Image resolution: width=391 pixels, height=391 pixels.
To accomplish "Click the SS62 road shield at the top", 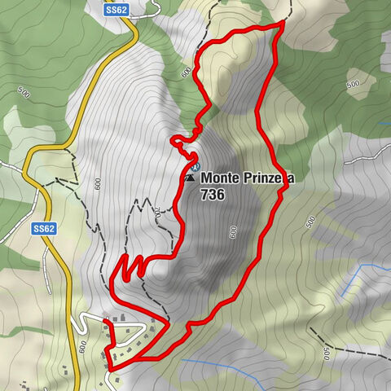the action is point(116,9).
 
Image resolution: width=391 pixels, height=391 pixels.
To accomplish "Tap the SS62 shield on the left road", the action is point(43,230).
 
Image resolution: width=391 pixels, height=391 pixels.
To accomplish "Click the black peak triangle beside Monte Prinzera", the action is point(190,177).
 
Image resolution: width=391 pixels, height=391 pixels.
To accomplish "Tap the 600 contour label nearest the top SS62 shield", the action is point(186,72).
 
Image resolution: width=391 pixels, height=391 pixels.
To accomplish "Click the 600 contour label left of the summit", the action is point(98,184).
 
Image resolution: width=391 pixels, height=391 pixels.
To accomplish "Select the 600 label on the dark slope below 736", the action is point(234,232).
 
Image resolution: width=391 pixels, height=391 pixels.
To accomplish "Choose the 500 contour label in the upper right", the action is point(354,84).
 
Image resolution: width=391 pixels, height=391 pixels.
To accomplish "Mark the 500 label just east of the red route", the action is point(310,222).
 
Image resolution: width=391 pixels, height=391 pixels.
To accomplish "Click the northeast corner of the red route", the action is point(283,24).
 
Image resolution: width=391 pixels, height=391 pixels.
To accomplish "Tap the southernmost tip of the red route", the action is point(108,367).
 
